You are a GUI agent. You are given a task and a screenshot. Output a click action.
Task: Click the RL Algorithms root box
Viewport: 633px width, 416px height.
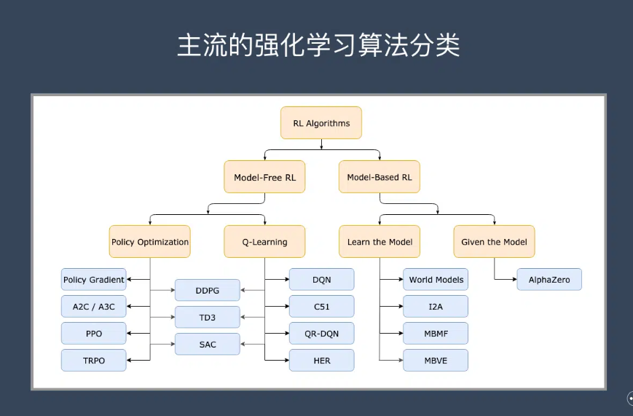[321, 123]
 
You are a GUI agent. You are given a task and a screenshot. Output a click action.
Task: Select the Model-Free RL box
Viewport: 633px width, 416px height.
[264, 177]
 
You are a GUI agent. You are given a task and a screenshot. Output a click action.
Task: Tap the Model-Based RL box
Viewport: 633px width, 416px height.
[380, 177]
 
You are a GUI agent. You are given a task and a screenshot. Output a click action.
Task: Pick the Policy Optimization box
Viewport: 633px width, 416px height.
[150, 242]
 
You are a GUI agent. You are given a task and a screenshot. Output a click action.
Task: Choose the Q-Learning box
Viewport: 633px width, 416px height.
[264, 242]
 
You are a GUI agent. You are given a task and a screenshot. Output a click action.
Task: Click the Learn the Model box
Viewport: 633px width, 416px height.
[380, 242]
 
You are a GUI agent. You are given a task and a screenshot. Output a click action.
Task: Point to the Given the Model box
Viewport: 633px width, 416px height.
[494, 242]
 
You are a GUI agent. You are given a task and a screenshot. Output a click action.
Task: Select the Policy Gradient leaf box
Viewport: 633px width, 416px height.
[94, 280]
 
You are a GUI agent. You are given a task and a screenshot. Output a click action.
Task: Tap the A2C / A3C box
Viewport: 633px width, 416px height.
[94, 307]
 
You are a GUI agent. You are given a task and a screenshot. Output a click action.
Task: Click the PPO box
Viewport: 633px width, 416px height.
[94, 334]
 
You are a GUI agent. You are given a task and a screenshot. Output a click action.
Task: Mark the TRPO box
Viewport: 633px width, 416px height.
[94, 360]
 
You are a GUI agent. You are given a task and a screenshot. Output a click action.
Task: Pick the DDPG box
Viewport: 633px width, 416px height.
[208, 291]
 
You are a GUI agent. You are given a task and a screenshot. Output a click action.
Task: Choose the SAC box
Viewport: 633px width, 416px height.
[208, 344]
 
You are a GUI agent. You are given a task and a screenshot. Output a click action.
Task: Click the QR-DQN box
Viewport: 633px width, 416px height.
[322, 334]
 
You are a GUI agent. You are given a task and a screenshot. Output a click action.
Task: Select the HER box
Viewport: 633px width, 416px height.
[322, 360]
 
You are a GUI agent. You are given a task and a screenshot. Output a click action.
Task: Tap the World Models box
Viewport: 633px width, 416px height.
[436, 280]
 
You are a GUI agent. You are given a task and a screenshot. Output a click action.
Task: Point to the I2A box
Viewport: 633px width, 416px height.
[436, 307]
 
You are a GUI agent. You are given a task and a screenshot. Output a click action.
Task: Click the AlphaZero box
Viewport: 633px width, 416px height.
[549, 280]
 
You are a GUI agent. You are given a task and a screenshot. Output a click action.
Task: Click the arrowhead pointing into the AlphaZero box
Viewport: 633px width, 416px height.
[515, 280]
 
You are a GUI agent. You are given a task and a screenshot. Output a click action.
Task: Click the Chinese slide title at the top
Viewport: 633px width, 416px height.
[318, 45]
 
